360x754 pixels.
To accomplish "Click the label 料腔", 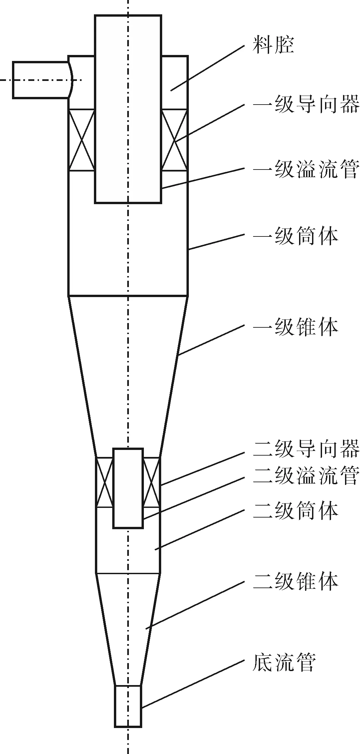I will tap(273, 46).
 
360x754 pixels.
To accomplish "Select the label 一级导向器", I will tap(306, 104).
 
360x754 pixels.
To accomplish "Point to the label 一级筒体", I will tap(296, 236).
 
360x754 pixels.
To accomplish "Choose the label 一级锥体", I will tap(296, 327).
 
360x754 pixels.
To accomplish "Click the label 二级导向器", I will tap(306, 449).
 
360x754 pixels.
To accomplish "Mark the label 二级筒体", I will tap(296, 511).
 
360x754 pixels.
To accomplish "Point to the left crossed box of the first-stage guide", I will tap(82, 140).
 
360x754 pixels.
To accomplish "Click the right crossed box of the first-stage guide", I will tap(175, 140).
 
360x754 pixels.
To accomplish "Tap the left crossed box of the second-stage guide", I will tap(104, 482).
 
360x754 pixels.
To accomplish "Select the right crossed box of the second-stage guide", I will tap(152, 482).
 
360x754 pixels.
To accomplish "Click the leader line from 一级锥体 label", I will tap(212, 340).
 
